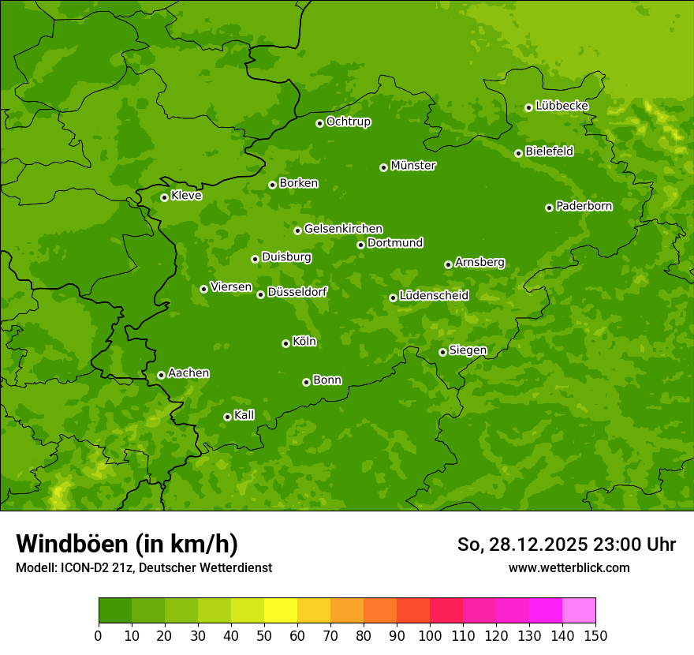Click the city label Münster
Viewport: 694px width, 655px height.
point(413,166)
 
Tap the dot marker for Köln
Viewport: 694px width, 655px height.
point(285,343)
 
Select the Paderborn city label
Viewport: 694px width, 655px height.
point(584,206)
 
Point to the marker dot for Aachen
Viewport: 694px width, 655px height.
point(161,375)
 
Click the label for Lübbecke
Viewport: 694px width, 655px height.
point(562,106)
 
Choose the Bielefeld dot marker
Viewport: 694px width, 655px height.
point(518,153)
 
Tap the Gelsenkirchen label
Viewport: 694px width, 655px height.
point(343,229)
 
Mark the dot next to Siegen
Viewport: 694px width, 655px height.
point(442,352)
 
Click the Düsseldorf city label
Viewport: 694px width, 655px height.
point(297,292)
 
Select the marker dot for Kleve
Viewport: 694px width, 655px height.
point(164,197)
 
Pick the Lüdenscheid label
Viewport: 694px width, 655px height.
point(434,296)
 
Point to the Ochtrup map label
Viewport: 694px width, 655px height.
point(348,122)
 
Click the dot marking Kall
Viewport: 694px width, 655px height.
point(227,417)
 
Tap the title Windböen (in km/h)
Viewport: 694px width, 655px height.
point(127,544)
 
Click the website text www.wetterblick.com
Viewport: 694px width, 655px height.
point(569,567)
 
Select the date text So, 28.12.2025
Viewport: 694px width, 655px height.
point(522,545)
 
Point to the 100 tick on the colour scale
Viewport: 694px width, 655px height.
point(430,635)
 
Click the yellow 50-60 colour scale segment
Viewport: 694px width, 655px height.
point(281,611)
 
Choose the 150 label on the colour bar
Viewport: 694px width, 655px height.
point(595,635)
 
